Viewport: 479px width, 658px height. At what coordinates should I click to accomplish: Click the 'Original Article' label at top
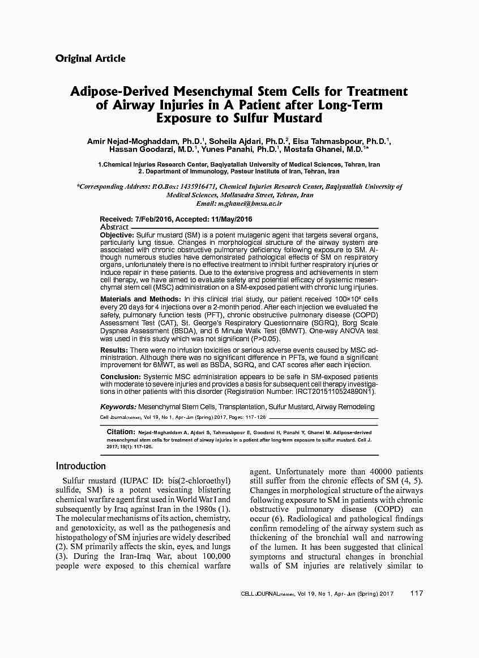(x=91, y=58)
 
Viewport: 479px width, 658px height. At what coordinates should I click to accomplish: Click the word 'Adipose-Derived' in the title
(x=119, y=92)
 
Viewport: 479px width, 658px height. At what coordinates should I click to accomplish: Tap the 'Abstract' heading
(x=114, y=227)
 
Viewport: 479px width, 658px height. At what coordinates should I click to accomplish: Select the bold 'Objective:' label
(x=117, y=235)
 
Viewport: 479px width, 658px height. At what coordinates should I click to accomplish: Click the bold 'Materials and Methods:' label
(x=140, y=299)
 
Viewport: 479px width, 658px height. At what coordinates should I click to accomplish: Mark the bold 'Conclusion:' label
(x=121, y=377)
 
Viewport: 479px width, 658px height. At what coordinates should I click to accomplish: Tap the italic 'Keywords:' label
(x=118, y=407)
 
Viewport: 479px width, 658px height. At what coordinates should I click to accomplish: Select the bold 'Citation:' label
(x=121, y=432)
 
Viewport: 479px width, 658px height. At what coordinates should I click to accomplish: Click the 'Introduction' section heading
(x=81, y=466)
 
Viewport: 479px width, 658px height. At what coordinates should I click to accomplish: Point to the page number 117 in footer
(x=416, y=593)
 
